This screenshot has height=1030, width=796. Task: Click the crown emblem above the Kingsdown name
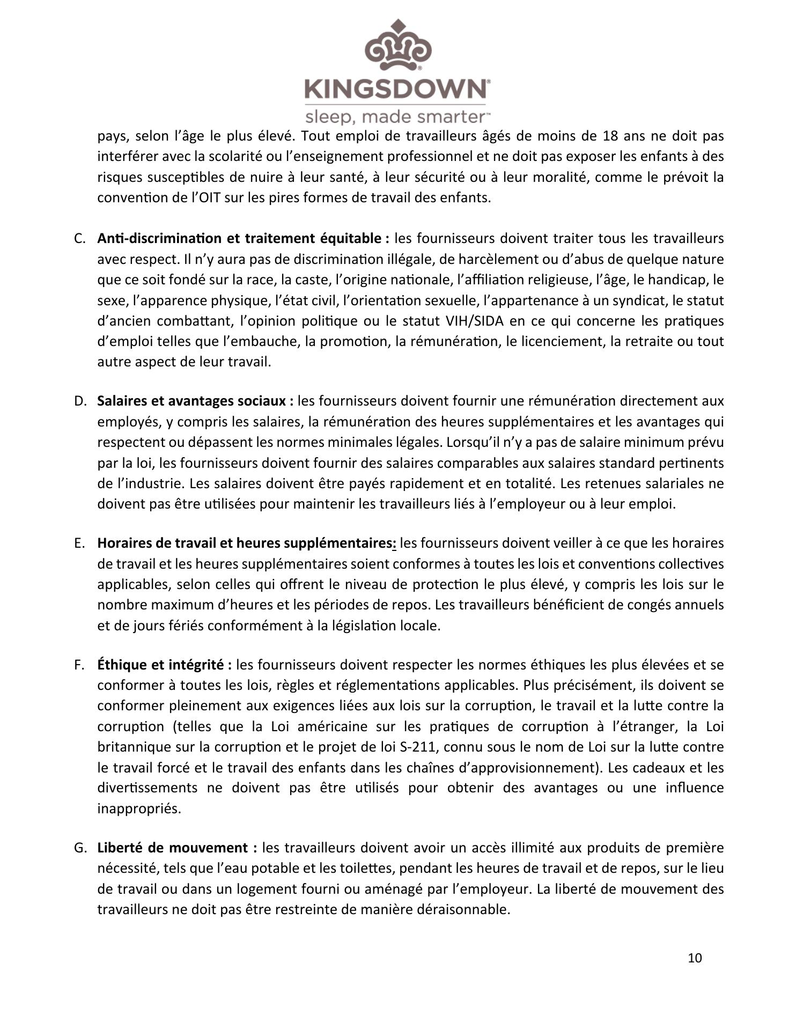(x=397, y=46)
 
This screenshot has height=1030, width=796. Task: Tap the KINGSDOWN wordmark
(x=396, y=89)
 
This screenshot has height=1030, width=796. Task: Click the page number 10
(x=695, y=958)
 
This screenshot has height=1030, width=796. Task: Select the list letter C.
(x=80, y=239)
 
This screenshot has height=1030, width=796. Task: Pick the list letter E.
(x=80, y=543)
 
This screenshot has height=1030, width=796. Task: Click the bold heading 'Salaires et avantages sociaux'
(x=195, y=401)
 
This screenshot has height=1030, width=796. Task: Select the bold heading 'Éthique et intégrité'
(x=164, y=665)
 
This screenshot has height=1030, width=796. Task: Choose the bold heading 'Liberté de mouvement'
(x=176, y=848)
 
